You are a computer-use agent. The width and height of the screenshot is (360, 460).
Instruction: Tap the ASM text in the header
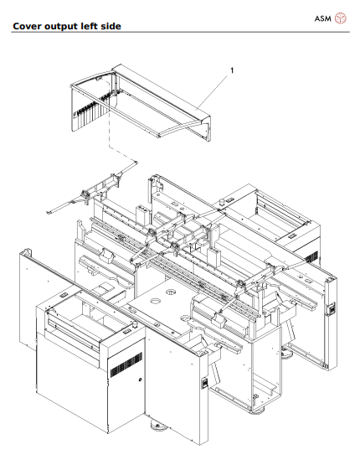click(321, 18)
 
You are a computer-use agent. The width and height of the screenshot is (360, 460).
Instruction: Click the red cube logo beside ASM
click(341, 18)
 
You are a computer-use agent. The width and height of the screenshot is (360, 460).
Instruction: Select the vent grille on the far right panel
click(312, 252)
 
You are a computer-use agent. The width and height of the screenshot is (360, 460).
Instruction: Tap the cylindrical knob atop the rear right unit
click(222, 202)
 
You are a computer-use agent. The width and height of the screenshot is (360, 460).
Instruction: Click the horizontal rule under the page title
click(180, 34)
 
